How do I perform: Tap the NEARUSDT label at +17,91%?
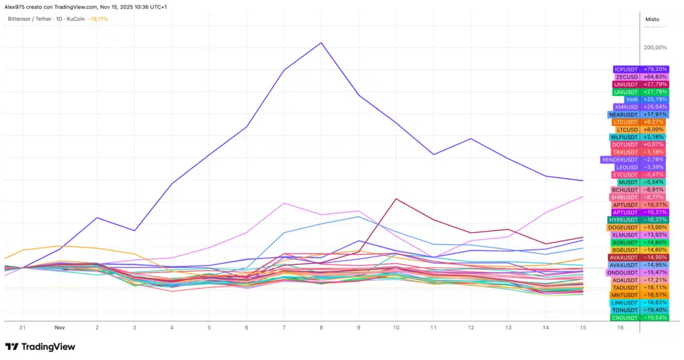pyautogui.click(x=637, y=114)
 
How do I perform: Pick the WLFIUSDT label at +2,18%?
pyautogui.click(x=639, y=137)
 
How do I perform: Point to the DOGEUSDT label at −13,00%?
pyautogui.click(x=637, y=227)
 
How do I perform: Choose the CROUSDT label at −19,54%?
pyautogui.click(x=639, y=318)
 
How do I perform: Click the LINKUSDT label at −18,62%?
pyautogui.click(x=639, y=303)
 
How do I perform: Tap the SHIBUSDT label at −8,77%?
pyautogui.click(x=637, y=197)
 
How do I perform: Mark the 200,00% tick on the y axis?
pyautogui.click(x=655, y=47)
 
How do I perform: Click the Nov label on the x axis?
pyautogui.click(x=59, y=328)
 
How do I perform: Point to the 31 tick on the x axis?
pyautogui.click(x=23, y=328)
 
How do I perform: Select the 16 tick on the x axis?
pyautogui.click(x=620, y=328)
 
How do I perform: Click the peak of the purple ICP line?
pyautogui.click(x=321, y=43)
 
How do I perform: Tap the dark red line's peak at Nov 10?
pyautogui.click(x=396, y=198)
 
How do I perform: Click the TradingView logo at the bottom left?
pyautogui.click(x=40, y=347)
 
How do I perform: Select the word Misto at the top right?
pyautogui.click(x=652, y=19)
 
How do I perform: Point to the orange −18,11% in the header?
pyautogui.click(x=98, y=19)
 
